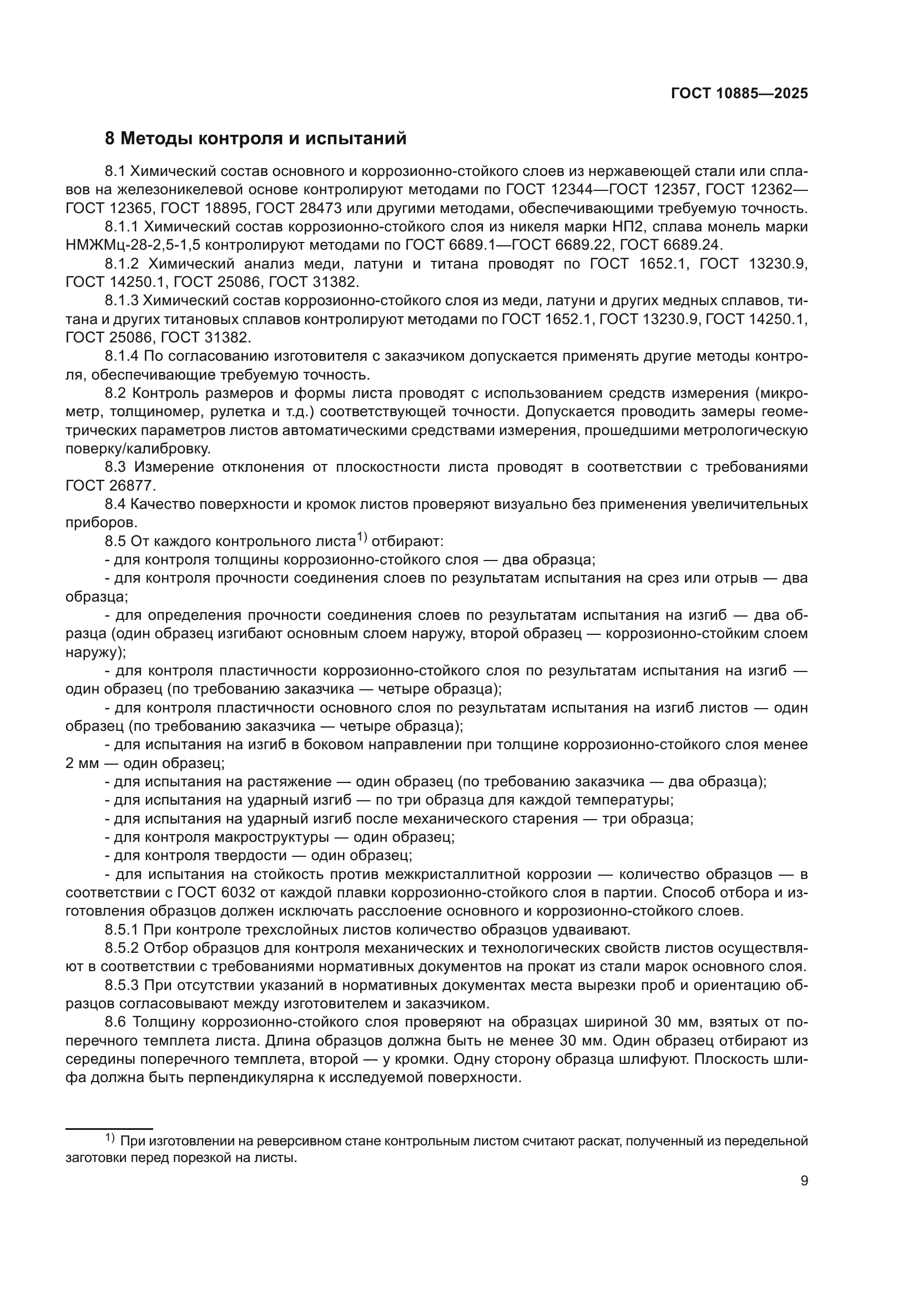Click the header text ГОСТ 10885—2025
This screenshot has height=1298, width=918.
[739, 94]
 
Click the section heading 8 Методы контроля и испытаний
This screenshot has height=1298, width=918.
[255, 138]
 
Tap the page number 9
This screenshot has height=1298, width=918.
[804, 1180]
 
